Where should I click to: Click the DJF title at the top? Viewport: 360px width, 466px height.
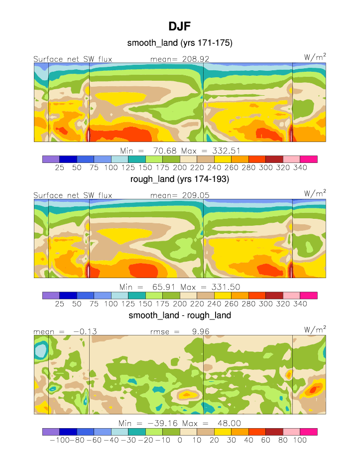pos(180,27)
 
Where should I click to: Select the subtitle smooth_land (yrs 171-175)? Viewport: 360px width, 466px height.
pos(180,43)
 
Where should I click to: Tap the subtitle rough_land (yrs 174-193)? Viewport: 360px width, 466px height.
pos(180,179)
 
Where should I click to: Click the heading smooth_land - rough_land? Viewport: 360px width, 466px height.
pos(180,315)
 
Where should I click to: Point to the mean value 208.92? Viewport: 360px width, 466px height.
pos(193,59)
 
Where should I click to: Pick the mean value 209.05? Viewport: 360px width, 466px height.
pos(193,195)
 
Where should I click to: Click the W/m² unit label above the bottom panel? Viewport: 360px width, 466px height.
pos(315,329)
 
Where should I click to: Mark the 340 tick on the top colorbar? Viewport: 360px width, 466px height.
pos(300,168)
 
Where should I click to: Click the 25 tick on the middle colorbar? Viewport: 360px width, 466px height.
pos(59,304)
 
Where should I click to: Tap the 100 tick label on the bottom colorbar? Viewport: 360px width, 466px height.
pos(300,441)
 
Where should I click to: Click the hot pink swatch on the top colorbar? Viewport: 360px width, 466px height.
pos(308,159)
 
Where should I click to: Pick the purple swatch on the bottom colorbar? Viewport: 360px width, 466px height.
pos(50,432)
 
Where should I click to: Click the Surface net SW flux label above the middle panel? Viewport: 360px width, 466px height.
pos(73,195)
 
